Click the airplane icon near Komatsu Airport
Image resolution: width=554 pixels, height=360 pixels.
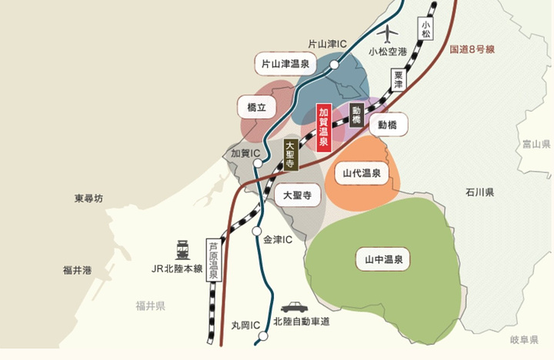(389, 35)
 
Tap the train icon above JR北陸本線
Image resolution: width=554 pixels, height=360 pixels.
(183, 251)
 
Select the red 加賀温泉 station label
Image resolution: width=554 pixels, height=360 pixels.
(324, 126)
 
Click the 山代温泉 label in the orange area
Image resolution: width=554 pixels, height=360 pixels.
(362, 174)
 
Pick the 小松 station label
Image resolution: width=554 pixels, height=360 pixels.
(426, 31)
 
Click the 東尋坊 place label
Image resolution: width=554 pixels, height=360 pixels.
(88, 198)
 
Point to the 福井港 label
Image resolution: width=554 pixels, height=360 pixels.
(77, 270)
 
